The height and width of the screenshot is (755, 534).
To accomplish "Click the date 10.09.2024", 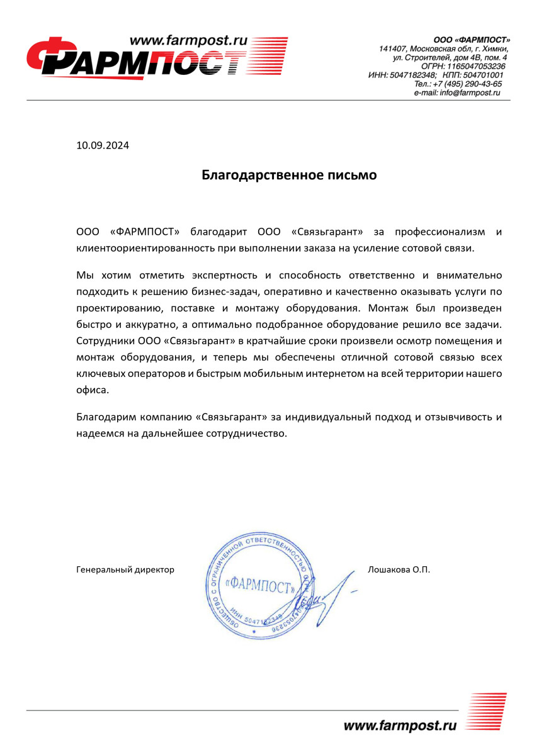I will [x=102, y=146].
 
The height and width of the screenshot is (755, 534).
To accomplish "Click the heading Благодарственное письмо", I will [x=289, y=175].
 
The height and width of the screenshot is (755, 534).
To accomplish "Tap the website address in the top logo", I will [x=190, y=41].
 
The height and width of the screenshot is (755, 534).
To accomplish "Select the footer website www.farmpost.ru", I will [x=400, y=726].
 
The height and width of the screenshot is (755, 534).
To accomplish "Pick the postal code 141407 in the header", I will [x=393, y=48].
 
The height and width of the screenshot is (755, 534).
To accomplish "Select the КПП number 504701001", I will [x=482, y=75].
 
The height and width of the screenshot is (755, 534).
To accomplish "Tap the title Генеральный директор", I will [x=125, y=569].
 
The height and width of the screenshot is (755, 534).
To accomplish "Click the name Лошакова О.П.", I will [x=398, y=569].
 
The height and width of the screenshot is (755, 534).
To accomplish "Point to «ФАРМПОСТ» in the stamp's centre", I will [x=260, y=587].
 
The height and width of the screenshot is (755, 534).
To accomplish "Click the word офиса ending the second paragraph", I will [x=92, y=390].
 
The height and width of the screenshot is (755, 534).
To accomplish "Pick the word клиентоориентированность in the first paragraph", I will [x=145, y=248].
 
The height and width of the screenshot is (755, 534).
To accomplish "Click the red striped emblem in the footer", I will [x=487, y=712].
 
